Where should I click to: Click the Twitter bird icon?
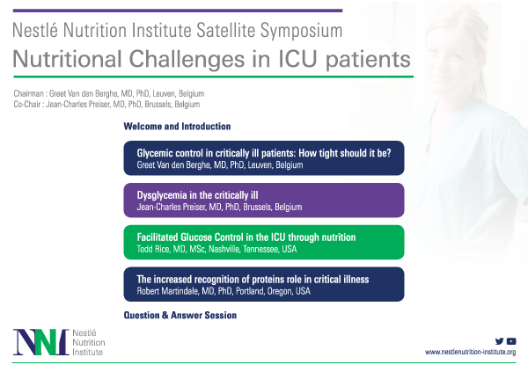(x=499, y=341)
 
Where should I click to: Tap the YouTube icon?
(x=511, y=341)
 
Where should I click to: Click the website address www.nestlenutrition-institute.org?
(x=471, y=352)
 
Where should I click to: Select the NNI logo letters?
(x=41, y=342)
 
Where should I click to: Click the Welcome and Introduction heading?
(x=177, y=127)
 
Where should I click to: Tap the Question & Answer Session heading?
(x=180, y=315)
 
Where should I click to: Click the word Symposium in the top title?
(x=301, y=30)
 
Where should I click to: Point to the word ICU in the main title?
(x=297, y=59)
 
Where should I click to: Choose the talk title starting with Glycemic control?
(x=264, y=153)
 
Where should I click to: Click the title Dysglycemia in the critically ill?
(x=197, y=195)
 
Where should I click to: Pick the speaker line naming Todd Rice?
(x=216, y=249)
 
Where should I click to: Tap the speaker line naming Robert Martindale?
(x=224, y=291)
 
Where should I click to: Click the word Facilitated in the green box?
(x=158, y=237)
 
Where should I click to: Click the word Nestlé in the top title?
(x=35, y=30)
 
